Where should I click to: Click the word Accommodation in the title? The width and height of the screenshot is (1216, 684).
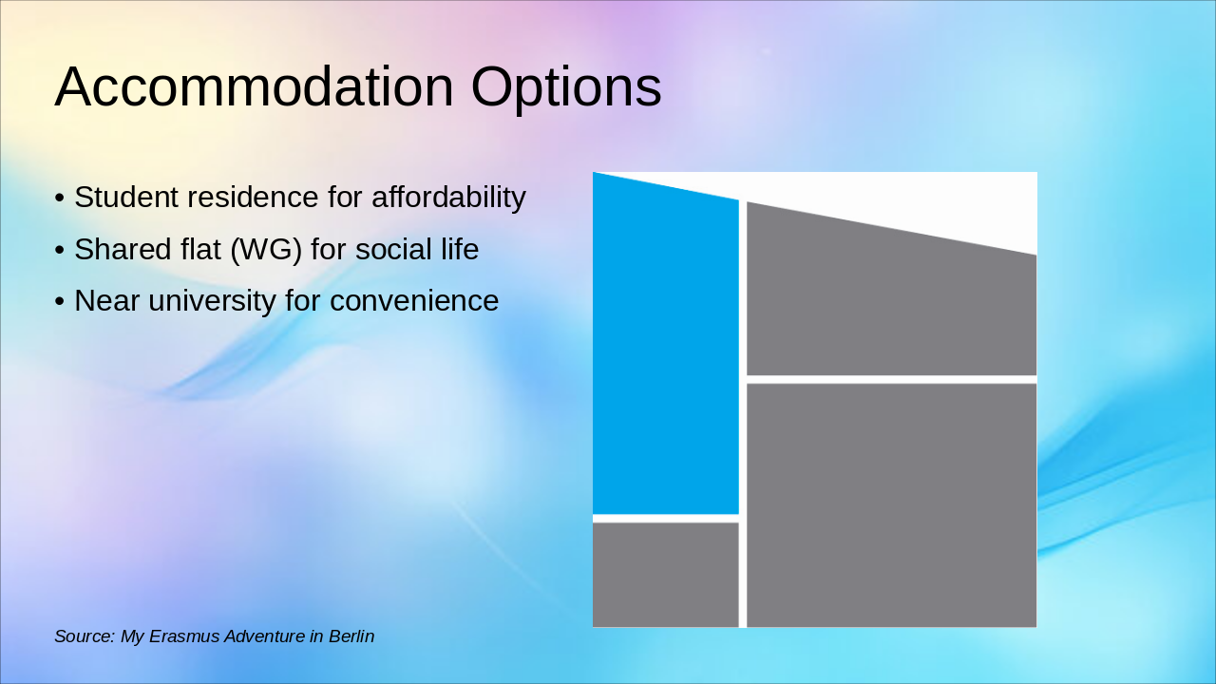click(254, 86)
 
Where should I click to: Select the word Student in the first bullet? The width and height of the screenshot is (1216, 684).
click(126, 197)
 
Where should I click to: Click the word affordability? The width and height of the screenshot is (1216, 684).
click(449, 197)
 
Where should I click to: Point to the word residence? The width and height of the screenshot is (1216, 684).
click(253, 197)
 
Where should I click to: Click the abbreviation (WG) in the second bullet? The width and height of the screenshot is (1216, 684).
click(266, 250)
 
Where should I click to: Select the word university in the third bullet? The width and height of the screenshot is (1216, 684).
click(212, 301)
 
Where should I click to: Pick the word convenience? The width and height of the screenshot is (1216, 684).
click(414, 301)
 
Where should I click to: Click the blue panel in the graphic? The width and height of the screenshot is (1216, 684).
click(666, 352)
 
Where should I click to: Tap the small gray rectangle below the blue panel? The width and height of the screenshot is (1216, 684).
click(666, 575)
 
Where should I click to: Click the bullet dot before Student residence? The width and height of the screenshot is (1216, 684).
click(60, 198)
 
